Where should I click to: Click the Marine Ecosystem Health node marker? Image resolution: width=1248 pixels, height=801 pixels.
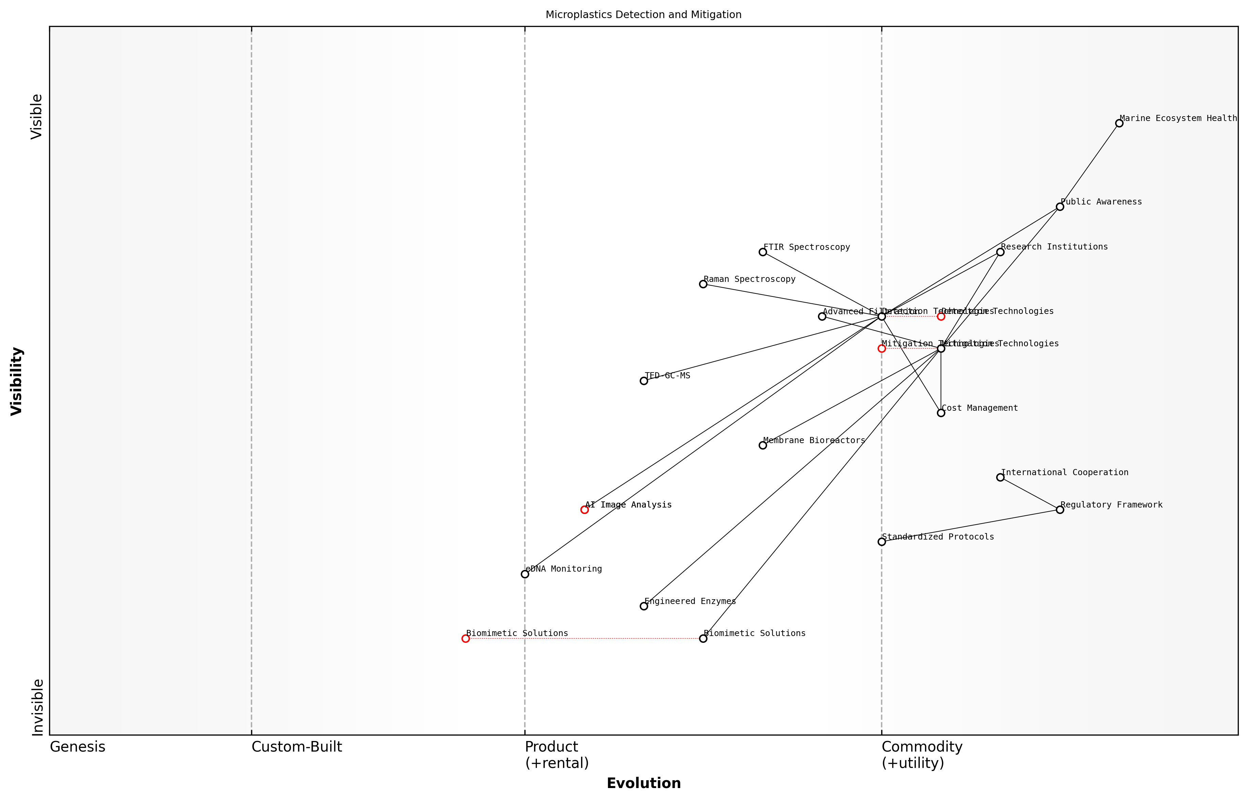(1119, 123)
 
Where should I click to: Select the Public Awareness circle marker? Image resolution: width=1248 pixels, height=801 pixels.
(1060, 207)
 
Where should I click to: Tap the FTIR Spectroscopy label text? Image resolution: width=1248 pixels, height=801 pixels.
(807, 247)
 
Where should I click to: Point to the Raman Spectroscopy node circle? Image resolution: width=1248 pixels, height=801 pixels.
(703, 284)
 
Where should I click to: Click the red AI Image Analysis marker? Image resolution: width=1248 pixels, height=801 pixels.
(584, 510)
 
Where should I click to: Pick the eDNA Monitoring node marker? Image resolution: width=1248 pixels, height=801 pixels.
(525, 574)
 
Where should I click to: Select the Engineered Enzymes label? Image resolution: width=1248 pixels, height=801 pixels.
(690, 601)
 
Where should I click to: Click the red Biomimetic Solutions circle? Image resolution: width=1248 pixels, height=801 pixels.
(466, 639)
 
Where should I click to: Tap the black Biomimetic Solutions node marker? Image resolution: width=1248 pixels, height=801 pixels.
(703, 639)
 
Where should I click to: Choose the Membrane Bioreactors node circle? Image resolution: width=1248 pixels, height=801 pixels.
(763, 445)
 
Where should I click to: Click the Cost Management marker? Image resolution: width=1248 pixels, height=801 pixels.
(941, 413)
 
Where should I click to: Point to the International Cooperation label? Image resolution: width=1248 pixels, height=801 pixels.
(1064, 472)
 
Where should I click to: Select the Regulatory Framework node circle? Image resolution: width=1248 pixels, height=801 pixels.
(1060, 510)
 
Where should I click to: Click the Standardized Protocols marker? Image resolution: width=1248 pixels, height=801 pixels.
(881, 542)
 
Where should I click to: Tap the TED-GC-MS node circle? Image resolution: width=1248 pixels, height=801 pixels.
(644, 381)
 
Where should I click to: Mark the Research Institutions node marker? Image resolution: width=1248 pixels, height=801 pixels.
(1000, 252)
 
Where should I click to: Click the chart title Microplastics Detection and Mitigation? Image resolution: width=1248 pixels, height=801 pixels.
(643, 15)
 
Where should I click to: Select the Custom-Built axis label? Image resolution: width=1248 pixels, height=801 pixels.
(296, 747)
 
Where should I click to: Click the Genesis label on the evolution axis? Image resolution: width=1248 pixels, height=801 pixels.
(77, 747)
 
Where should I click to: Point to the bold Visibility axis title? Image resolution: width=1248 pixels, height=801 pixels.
(17, 381)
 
